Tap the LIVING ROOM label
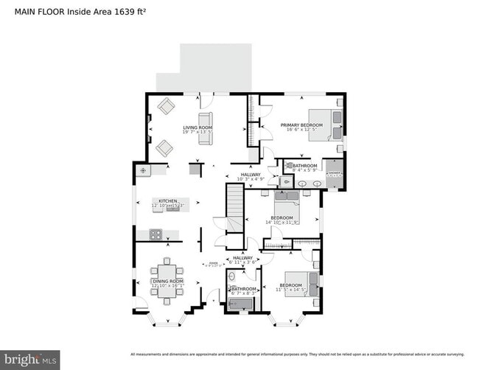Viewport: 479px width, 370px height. pos(197,128)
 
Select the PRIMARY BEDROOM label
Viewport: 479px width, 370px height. pos(301,125)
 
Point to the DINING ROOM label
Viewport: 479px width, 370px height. pos(167,281)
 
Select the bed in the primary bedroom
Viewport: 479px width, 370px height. pos(325,124)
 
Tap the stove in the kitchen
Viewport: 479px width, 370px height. pos(156,235)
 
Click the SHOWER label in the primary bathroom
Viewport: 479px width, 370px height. pos(334,174)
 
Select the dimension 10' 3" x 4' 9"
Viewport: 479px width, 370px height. pos(250,179)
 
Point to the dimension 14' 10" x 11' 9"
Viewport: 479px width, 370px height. pos(284,222)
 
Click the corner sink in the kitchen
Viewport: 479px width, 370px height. pos(143,171)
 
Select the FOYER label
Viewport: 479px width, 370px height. pos(213,262)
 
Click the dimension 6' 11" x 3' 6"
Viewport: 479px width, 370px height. pos(242,262)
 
